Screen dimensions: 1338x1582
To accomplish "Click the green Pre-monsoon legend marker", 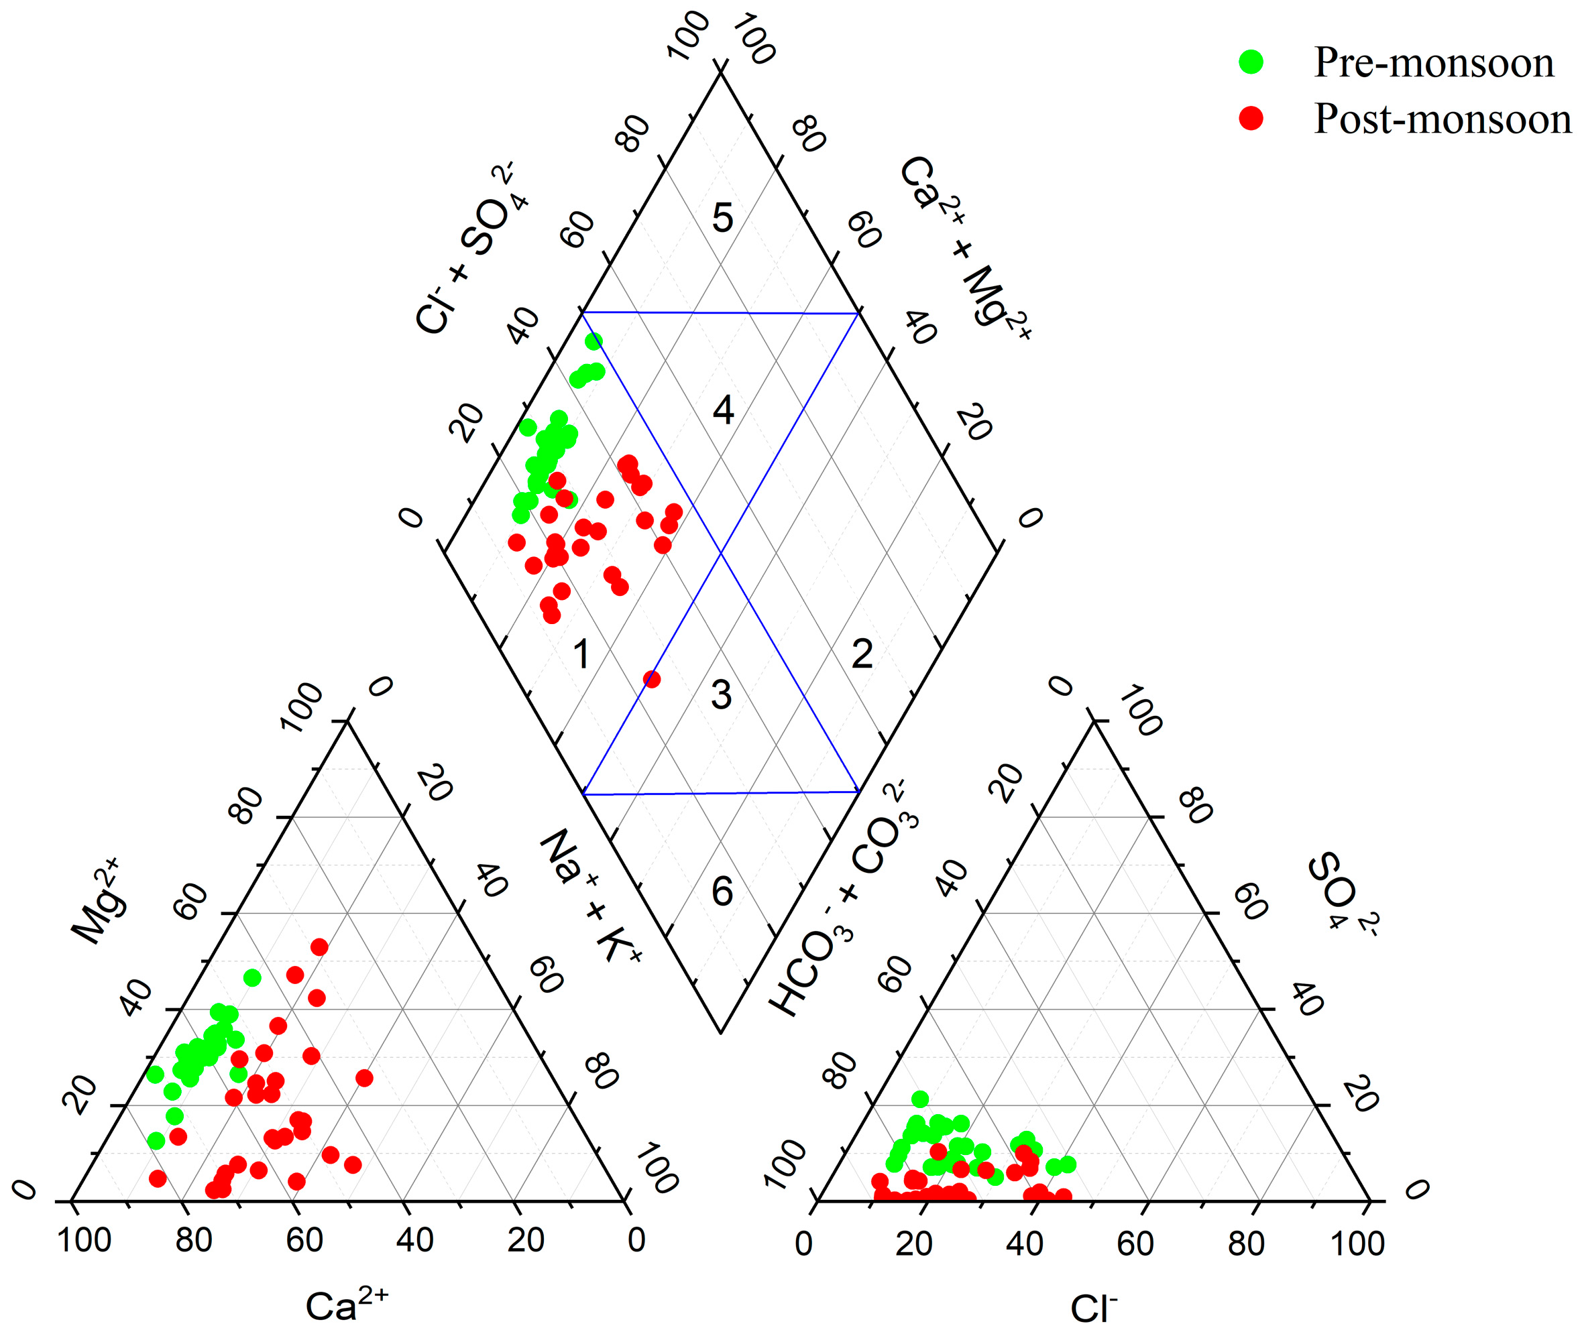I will [1251, 62].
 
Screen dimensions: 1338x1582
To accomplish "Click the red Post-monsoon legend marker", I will [1251, 119].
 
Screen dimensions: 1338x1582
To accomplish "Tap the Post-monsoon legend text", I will [1442, 119].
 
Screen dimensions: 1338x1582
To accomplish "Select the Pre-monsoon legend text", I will [1433, 62].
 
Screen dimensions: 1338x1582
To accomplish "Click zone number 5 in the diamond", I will [722, 218].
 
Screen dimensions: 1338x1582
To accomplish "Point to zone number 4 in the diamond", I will [723, 410].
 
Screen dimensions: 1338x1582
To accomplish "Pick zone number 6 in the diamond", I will [722, 892].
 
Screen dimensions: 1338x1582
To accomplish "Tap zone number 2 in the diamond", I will [862, 654].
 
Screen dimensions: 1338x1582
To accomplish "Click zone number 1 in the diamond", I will [582, 654].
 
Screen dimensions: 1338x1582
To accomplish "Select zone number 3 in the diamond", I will [721, 694].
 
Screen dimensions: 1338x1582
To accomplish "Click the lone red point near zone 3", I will [651, 679].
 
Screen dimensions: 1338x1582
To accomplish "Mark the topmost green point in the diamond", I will [594, 341].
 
